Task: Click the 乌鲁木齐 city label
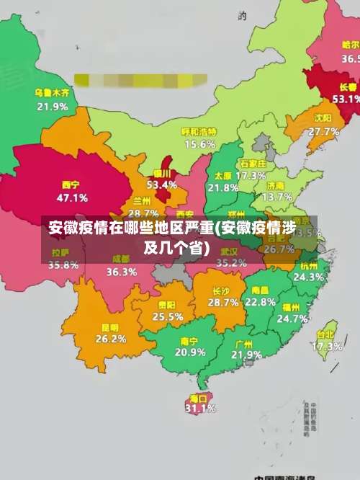[52, 93]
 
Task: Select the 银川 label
[161, 174]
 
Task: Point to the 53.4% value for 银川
[161, 185]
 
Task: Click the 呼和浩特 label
[199, 132]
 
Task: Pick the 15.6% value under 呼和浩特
[199, 144]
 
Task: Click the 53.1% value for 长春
[346, 99]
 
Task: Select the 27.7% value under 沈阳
[323, 131]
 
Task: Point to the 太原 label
[222, 176]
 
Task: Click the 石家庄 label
[253, 164]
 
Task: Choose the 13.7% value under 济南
[277, 196]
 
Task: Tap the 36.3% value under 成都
[122, 272]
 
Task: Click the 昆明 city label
[111, 327]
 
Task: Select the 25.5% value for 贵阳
[168, 316]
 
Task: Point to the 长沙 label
[221, 291]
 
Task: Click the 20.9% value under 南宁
[189, 352]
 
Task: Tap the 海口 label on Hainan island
[198, 398]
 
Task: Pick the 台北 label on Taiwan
[326, 334]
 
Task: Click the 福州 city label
[292, 306]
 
